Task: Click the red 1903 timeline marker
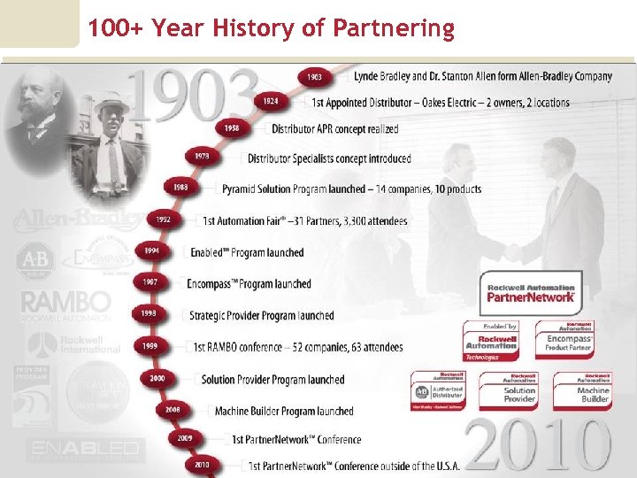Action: tap(314, 77)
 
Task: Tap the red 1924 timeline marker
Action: tap(271, 102)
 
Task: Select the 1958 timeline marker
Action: tap(231, 128)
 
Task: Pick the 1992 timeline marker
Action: tap(163, 220)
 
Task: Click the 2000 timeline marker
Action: tap(157, 378)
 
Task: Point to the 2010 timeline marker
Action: tap(203, 464)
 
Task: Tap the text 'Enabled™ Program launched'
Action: tap(247, 252)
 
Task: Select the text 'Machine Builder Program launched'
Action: tap(283, 411)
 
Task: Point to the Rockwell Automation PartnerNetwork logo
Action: tap(531, 293)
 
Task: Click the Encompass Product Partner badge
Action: tap(570, 341)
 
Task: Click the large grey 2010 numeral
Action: tap(537, 444)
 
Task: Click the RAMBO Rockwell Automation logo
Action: tap(66, 306)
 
